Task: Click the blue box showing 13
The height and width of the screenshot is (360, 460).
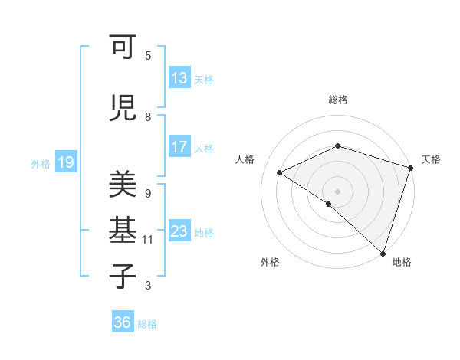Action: tap(179, 78)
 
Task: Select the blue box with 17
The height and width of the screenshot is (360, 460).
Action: tap(179, 148)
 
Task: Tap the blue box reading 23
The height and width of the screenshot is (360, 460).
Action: tap(179, 232)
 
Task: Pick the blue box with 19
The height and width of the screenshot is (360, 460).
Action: tap(65, 162)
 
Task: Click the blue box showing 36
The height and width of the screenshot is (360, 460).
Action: tap(122, 323)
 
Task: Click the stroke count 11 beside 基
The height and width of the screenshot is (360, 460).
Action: tap(148, 240)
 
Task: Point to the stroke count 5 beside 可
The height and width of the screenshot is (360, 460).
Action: tap(148, 55)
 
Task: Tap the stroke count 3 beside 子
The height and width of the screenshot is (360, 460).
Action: tap(148, 286)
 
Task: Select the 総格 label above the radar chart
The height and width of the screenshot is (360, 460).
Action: tap(338, 100)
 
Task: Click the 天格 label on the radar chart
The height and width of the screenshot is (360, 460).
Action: tap(431, 159)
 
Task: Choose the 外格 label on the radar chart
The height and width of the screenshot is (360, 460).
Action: tap(270, 263)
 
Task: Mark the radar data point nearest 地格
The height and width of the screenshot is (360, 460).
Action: tap(383, 253)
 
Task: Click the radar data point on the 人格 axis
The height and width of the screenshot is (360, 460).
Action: tap(280, 173)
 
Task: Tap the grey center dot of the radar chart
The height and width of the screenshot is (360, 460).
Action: tap(337, 191)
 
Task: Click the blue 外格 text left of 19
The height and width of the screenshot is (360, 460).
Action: tap(41, 163)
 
